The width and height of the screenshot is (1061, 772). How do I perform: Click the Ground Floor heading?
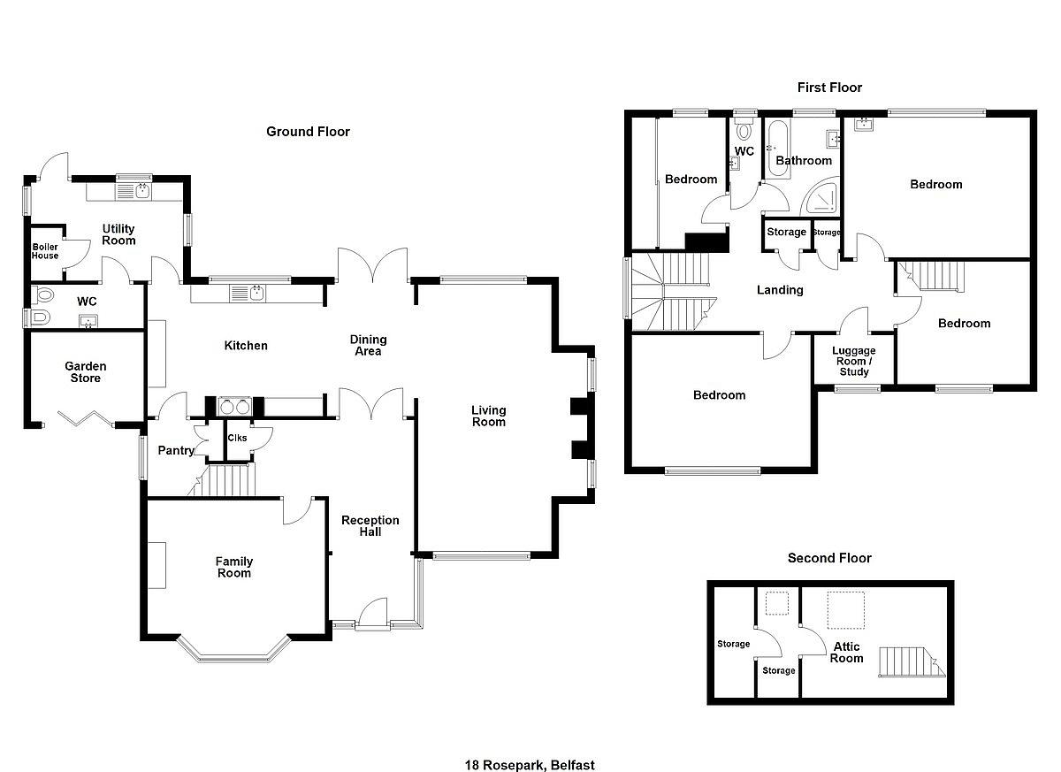tap(308, 132)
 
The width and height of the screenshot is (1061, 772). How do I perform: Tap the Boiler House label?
tap(45, 251)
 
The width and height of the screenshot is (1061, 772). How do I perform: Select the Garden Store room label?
tap(85, 371)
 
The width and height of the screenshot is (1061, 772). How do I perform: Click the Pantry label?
tap(176, 450)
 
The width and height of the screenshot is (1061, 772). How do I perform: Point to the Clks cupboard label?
tap(237, 438)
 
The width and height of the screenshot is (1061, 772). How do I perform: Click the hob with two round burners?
tap(234, 407)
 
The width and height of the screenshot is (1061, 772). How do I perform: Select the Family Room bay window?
tap(233, 650)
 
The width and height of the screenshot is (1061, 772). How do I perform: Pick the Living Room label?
tap(488, 416)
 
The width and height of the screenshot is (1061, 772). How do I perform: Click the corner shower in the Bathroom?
tap(820, 196)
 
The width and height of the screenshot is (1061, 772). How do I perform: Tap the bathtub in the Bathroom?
tap(778, 149)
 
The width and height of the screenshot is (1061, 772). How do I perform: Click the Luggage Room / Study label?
tap(853, 361)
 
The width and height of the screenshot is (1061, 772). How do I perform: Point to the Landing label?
tap(780, 290)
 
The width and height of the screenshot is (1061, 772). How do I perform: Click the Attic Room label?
tap(846, 652)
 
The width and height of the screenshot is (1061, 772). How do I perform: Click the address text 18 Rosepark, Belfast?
tap(530, 765)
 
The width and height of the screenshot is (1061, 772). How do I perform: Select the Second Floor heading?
tap(829, 558)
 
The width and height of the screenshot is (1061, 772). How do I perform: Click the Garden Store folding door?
tap(85, 417)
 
